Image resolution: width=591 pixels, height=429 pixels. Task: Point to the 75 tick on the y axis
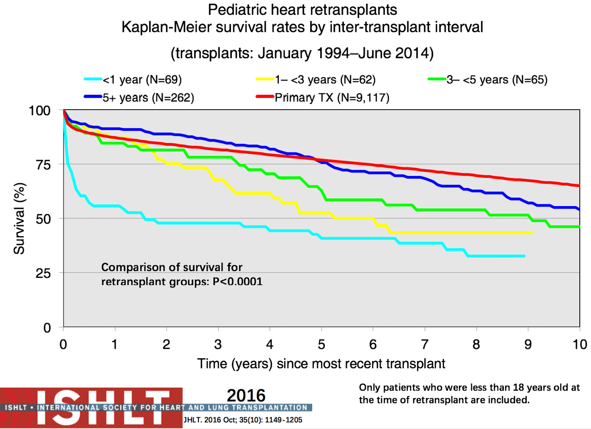pos(43,165)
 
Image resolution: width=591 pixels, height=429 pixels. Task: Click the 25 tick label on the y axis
pos(43,273)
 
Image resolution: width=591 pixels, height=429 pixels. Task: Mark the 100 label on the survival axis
pos(40,111)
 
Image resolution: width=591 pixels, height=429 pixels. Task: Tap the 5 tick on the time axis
pos(322,345)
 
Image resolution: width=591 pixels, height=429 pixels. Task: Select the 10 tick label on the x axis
pos(579,345)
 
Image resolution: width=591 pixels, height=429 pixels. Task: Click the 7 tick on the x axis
pos(425,345)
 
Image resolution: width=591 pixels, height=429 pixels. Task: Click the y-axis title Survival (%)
pos(19,218)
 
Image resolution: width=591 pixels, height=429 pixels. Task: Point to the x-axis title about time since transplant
pos(321,364)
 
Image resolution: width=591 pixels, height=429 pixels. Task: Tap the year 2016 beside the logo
pos(246,396)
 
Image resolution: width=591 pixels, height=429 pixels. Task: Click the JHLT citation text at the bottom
pos(243,420)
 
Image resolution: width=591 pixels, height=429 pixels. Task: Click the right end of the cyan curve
pos(524,256)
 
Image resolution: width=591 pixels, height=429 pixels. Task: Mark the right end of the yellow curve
pos(533,233)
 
